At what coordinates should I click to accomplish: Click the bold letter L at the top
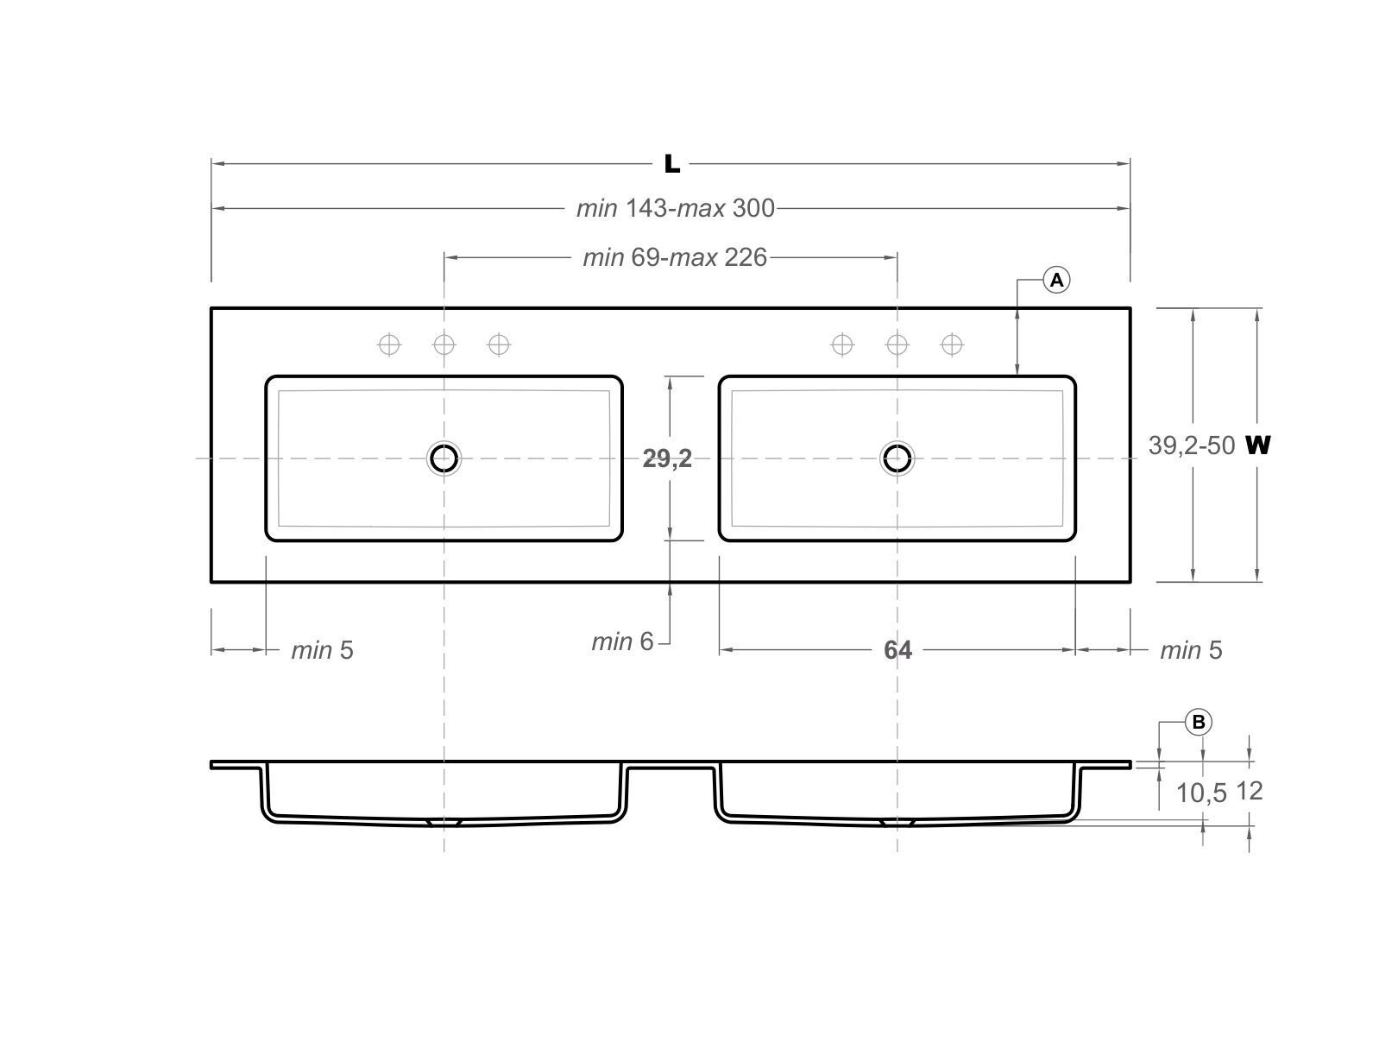(671, 164)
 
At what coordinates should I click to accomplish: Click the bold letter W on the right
(1258, 446)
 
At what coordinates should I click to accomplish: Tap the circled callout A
(1056, 280)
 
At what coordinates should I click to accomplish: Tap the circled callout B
(1199, 722)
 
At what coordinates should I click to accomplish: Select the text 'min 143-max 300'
(676, 208)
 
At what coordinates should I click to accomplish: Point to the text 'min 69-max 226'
(675, 257)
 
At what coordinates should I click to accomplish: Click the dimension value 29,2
(667, 458)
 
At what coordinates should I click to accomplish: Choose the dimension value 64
(897, 650)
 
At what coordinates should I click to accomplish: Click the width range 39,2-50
(1191, 446)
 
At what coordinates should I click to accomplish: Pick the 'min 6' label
(622, 641)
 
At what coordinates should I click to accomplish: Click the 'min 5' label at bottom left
(322, 650)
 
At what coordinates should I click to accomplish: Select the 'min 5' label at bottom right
(1191, 650)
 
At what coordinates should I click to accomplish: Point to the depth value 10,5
(1201, 793)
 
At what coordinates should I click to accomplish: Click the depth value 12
(1250, 791)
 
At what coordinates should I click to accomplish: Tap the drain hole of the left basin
(444, 458)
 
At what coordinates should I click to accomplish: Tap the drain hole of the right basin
(897, 458)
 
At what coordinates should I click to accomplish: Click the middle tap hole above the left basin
(444, 345)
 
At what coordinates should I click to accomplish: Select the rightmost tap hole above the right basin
(952, 345)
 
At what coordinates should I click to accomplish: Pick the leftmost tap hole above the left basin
(389, 345)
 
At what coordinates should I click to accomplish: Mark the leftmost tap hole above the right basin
(842, 345)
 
